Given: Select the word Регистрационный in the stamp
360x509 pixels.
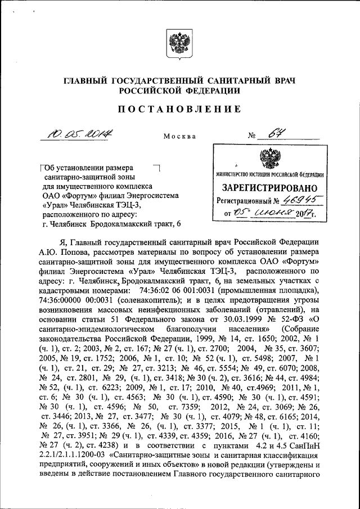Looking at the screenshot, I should (241, 201).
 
